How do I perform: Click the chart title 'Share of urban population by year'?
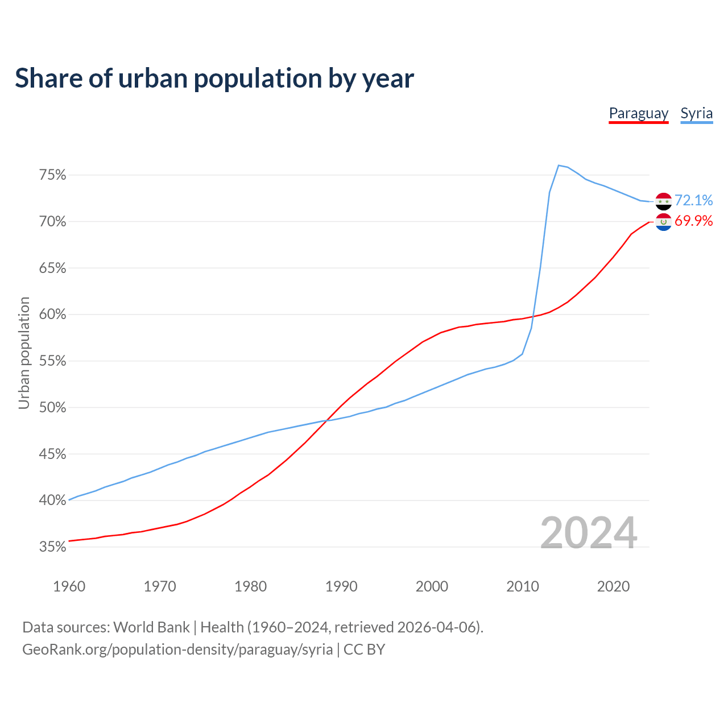pos(214,78)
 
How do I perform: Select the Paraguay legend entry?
pos(638,113)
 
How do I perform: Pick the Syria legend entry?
pos(696,113)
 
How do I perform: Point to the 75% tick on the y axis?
pos(52,175)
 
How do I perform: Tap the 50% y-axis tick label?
pos(52,408)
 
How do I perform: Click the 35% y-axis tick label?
pos(52,547)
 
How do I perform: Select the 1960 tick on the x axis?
pos(69,586)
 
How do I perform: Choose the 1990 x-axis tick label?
pos(341,586)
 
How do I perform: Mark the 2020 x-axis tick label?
pos(613,586)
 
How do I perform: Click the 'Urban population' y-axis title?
pos(24,353)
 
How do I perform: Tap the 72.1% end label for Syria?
pos(693,200)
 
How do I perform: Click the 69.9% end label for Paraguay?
pos(693,221)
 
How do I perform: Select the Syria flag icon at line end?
pos(663,201)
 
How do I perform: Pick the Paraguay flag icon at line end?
pos(663,222)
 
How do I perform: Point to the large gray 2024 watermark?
pos(588,533)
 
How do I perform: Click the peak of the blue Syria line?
pos(559,166)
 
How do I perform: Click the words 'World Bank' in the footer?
pos(151,627)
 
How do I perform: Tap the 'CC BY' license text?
pos(364,650)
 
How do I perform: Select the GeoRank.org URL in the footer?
pos(177,650)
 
